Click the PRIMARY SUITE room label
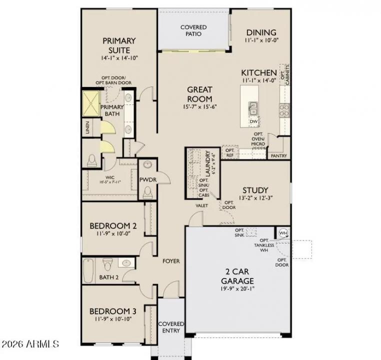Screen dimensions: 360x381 [119, 45]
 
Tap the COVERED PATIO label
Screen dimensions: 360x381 [193, 30]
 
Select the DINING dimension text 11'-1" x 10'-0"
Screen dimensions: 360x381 [261, 40]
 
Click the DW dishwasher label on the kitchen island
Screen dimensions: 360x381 [253, 121]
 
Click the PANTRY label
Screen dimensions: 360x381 [278, 155]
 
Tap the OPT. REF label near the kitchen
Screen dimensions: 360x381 [229, 152]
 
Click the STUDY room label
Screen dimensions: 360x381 [255, 190]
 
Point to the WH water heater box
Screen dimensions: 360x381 [283, 232]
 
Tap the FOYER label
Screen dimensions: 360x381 [171, 261]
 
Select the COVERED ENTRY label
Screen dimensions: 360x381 [171, 327]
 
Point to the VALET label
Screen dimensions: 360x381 [202, 205]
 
